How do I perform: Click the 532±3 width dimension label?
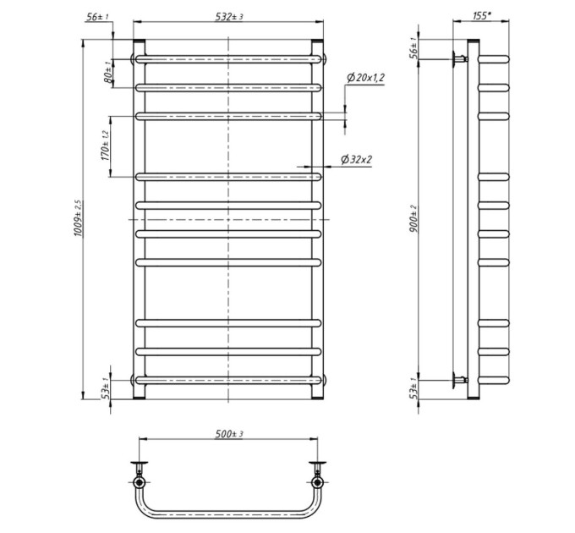pos(229,17)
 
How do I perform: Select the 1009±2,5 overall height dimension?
pos(79,218)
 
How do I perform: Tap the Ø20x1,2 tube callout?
pos(365,78)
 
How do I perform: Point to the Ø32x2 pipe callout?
pos(356,160)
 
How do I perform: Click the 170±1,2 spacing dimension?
pos(105,146)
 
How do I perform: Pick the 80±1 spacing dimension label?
pos(108,72)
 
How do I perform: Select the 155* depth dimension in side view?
pos(481,15)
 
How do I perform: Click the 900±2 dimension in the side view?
pos(413,218)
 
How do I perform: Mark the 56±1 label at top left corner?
pos(97,17)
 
